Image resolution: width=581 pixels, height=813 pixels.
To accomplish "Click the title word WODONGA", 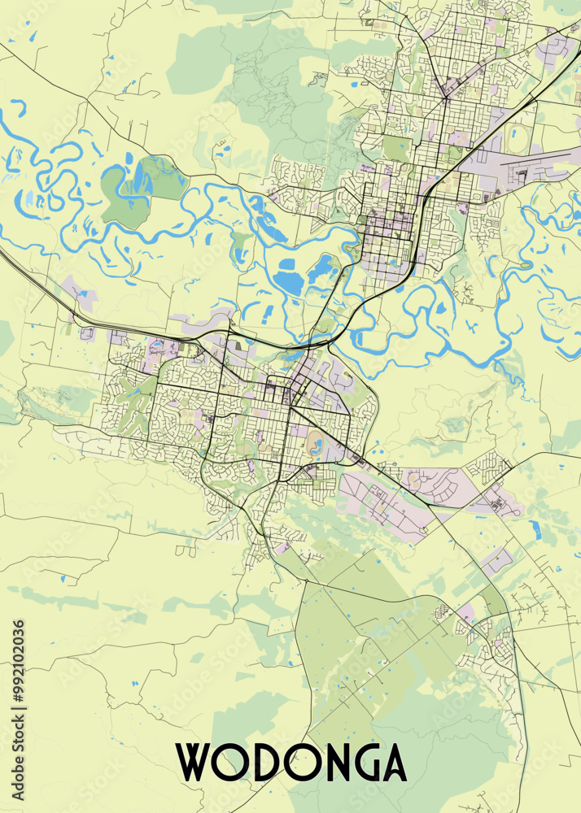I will pyautogui.click(x=292, y=762).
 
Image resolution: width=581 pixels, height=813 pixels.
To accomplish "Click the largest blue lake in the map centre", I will pyautogui.click(x=289, y=281).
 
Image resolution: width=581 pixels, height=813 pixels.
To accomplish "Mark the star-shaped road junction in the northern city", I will pyautogui.click(x=446, y=97).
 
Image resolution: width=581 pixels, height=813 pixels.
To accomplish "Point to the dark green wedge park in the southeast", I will pyautogui.click(x=493, y=602).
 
